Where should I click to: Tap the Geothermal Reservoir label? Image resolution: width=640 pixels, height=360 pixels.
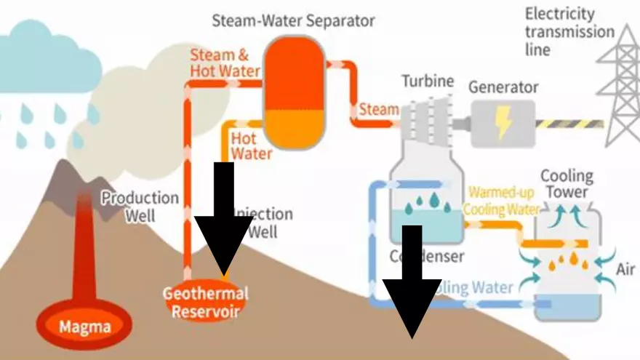204,303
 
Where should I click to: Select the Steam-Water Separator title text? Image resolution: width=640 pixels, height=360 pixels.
293,20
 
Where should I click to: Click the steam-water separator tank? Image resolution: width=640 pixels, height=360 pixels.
294,93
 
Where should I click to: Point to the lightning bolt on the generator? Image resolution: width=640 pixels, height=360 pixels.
503,119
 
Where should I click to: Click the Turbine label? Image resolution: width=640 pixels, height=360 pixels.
428,81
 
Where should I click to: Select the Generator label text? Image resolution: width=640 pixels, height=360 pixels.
503,87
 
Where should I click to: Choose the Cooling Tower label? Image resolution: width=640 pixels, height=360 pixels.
567,184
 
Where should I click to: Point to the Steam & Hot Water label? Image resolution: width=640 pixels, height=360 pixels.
225,63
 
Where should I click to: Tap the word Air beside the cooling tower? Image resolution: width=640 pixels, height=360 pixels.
625,270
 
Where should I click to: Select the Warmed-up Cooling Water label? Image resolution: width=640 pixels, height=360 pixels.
503,201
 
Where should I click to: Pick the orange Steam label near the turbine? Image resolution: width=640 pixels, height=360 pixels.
379,110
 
